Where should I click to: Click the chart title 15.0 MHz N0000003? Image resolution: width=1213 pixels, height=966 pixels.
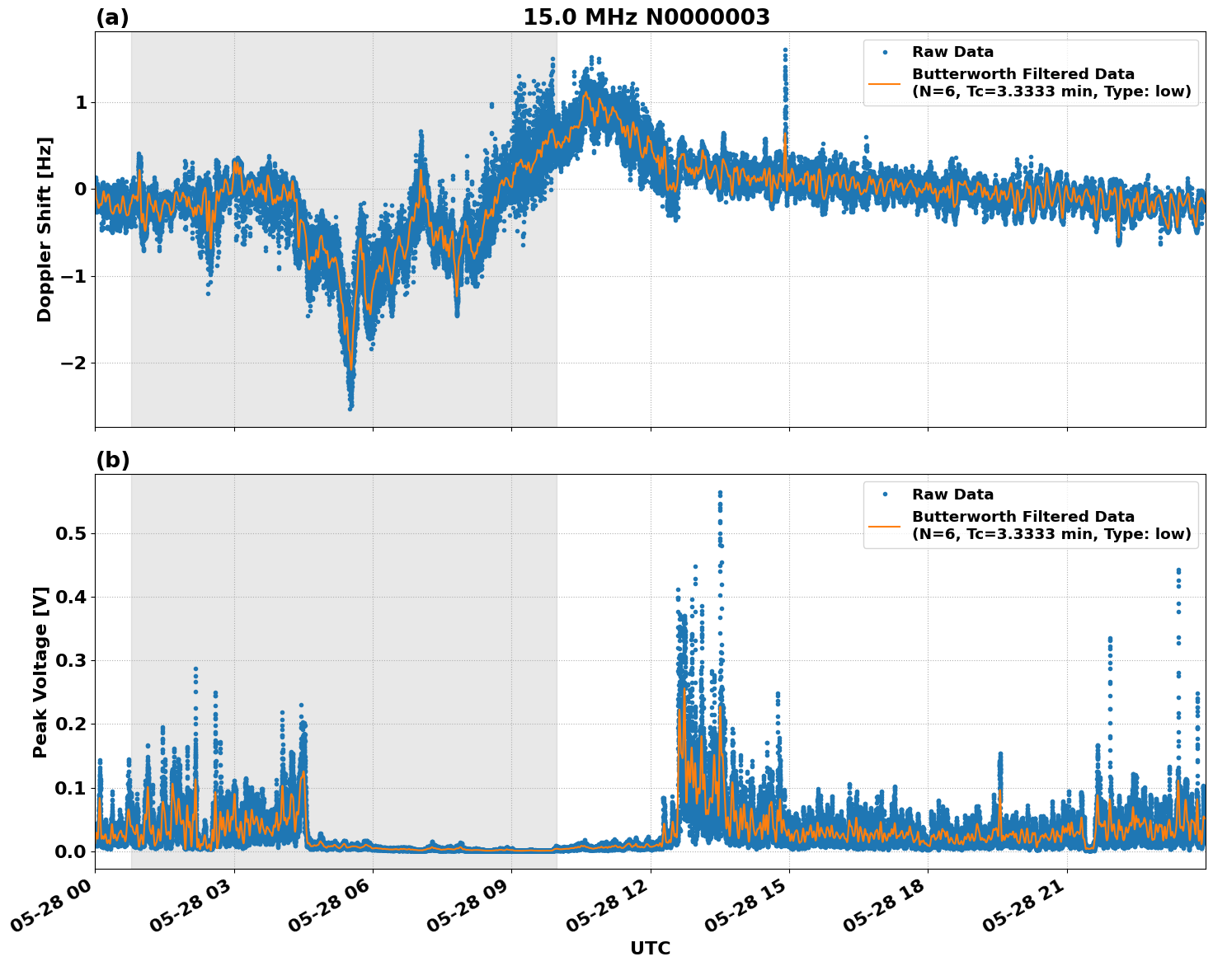pyautogui.click(x=646, y=17)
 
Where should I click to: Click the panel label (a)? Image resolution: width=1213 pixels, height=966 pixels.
pyautogui.click(x=112, y=17)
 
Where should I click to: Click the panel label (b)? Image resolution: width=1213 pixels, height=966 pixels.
pyautogui.click(x=112, y=460)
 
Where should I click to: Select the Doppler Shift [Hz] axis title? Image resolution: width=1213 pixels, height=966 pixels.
pyautogui.click(x=45, y=229)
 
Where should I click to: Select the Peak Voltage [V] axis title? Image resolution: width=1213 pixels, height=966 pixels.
pyautogui.click(x=40, y=672)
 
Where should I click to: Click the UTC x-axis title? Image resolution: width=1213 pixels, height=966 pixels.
pyautogui.click(x=650, y=948)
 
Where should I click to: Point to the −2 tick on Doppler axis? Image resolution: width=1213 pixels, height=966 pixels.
pyautogui.click(x=75, y=363)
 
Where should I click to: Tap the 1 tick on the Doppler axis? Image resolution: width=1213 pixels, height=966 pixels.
pyautogui.click(x=81, y=103)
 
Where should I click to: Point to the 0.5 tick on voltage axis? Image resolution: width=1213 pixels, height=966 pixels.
pyautogui.click(x=70, y=533)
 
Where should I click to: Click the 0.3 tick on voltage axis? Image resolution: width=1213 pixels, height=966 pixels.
pyautogui.click(x=70, y=661)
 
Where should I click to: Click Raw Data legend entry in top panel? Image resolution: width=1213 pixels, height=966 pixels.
pyautogui.click(x=952, y=53)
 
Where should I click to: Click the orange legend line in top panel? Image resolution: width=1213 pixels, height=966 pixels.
pyautogui.click(x=886, y=82)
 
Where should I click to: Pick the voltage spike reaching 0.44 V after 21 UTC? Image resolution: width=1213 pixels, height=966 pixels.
pyautogui.click(x=1178, y=571)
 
